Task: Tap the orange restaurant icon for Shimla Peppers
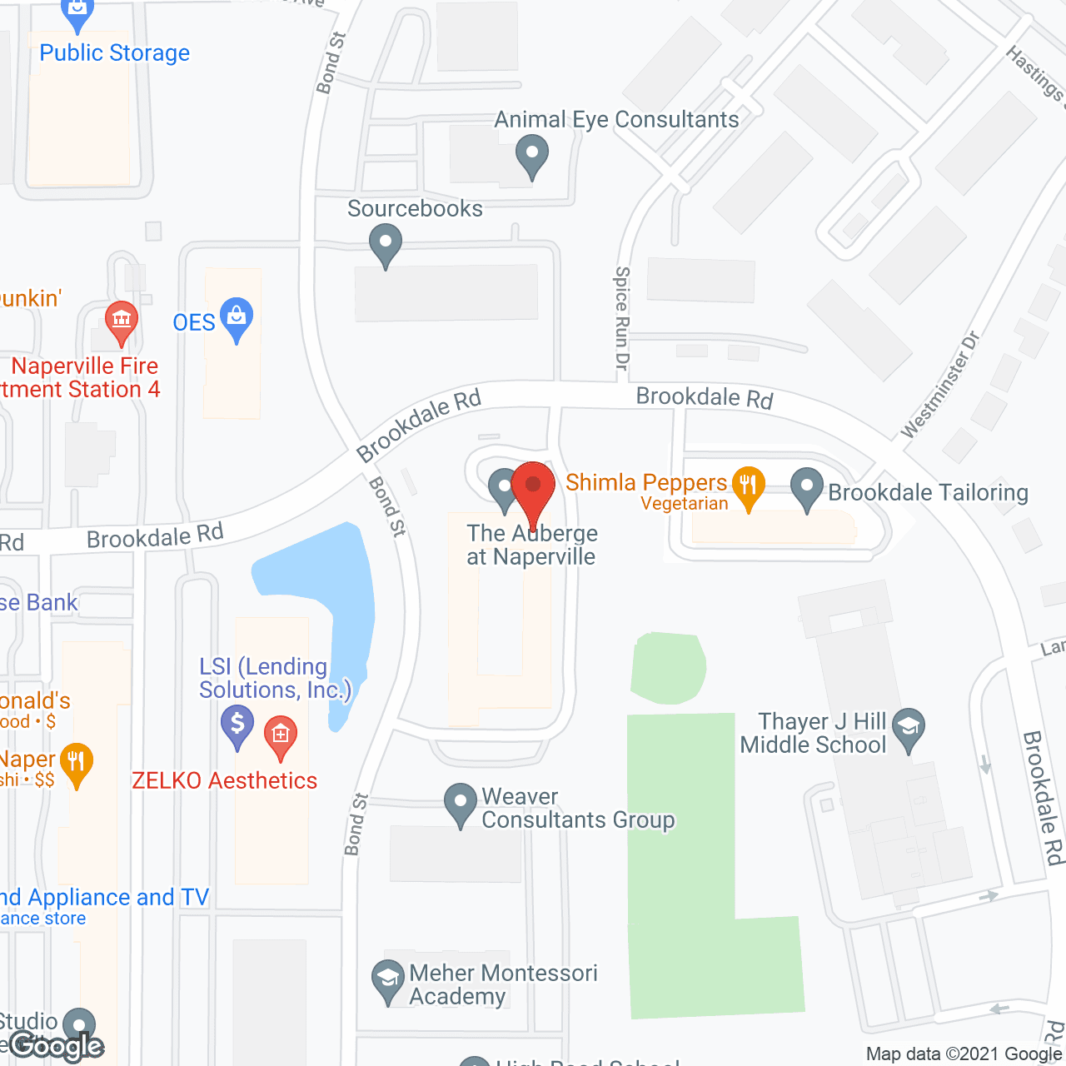coord(748,485)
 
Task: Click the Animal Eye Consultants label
coord(616,120)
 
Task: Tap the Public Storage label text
coord(115,53)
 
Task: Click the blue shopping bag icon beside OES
coord(237,317)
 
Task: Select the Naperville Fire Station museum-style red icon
coord(122,320)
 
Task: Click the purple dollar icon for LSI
coord(237,724)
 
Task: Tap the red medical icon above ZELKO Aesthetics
coord(281,735)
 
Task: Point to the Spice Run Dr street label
coord(621,317)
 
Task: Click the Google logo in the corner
coord(57,1046)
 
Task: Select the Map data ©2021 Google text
coord(964,1054)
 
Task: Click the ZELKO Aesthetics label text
coord(225,780)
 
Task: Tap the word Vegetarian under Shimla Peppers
coord(685,504)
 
